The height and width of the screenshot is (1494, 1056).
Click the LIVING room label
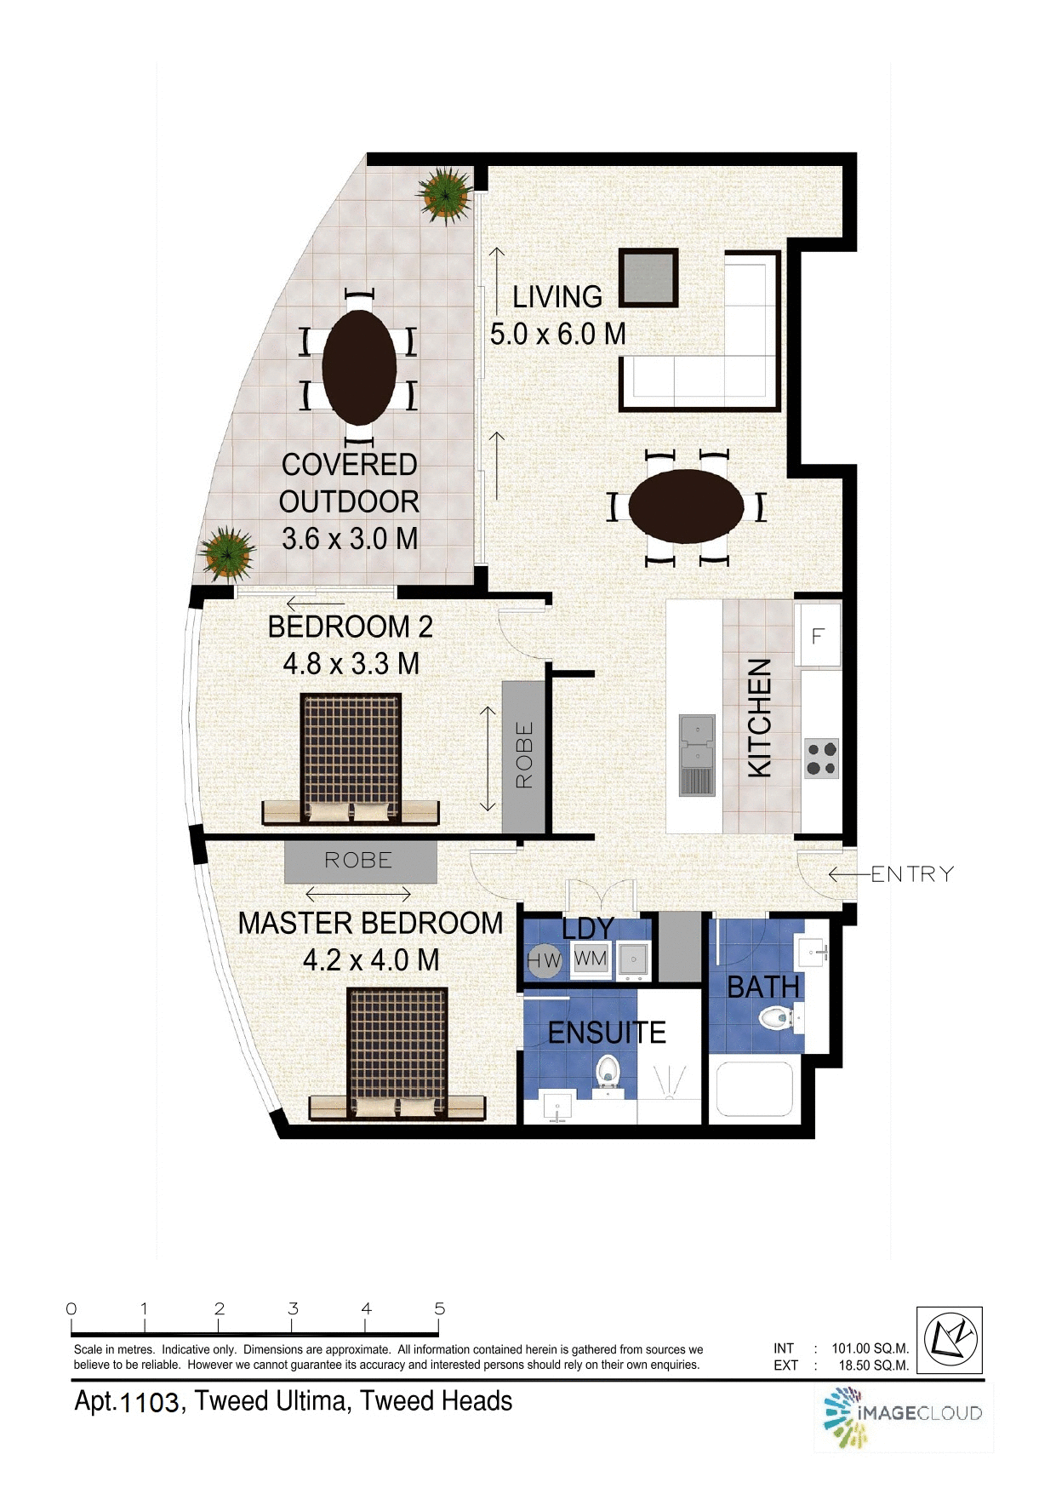[557, 297]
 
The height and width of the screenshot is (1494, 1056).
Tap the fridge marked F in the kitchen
[817, 635]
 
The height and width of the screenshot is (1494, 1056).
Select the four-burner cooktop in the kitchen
[821, 758]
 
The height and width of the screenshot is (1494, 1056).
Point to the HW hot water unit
[544, 961]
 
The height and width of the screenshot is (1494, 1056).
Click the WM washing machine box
[591, 959]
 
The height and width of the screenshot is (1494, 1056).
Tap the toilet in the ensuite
[608, 1071]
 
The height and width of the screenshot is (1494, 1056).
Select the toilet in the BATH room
[777, 1016]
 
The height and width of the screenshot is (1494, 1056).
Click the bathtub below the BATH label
[753, 1089]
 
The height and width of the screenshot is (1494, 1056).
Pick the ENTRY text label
[912, 874]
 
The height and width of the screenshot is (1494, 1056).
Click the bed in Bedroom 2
[350, 756]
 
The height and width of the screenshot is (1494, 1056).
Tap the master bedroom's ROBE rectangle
[360, 861]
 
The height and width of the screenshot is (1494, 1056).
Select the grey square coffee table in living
[648, 278]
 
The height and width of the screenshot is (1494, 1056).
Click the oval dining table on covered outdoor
[359, 367]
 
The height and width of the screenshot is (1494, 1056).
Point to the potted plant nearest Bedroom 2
[226, 553]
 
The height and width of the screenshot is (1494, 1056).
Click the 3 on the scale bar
[293, 1308]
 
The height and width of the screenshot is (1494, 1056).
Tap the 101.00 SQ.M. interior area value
[870, 1348]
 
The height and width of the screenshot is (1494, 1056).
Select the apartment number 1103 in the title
[150, 1402]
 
